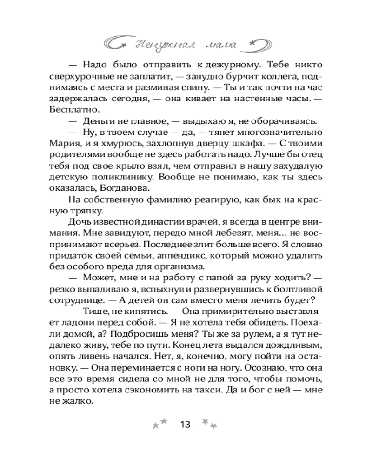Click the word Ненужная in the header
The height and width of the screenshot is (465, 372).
tap(160, 45)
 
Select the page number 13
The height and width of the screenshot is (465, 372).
tap(185, 425)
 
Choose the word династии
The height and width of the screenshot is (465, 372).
tap(174, 222)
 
